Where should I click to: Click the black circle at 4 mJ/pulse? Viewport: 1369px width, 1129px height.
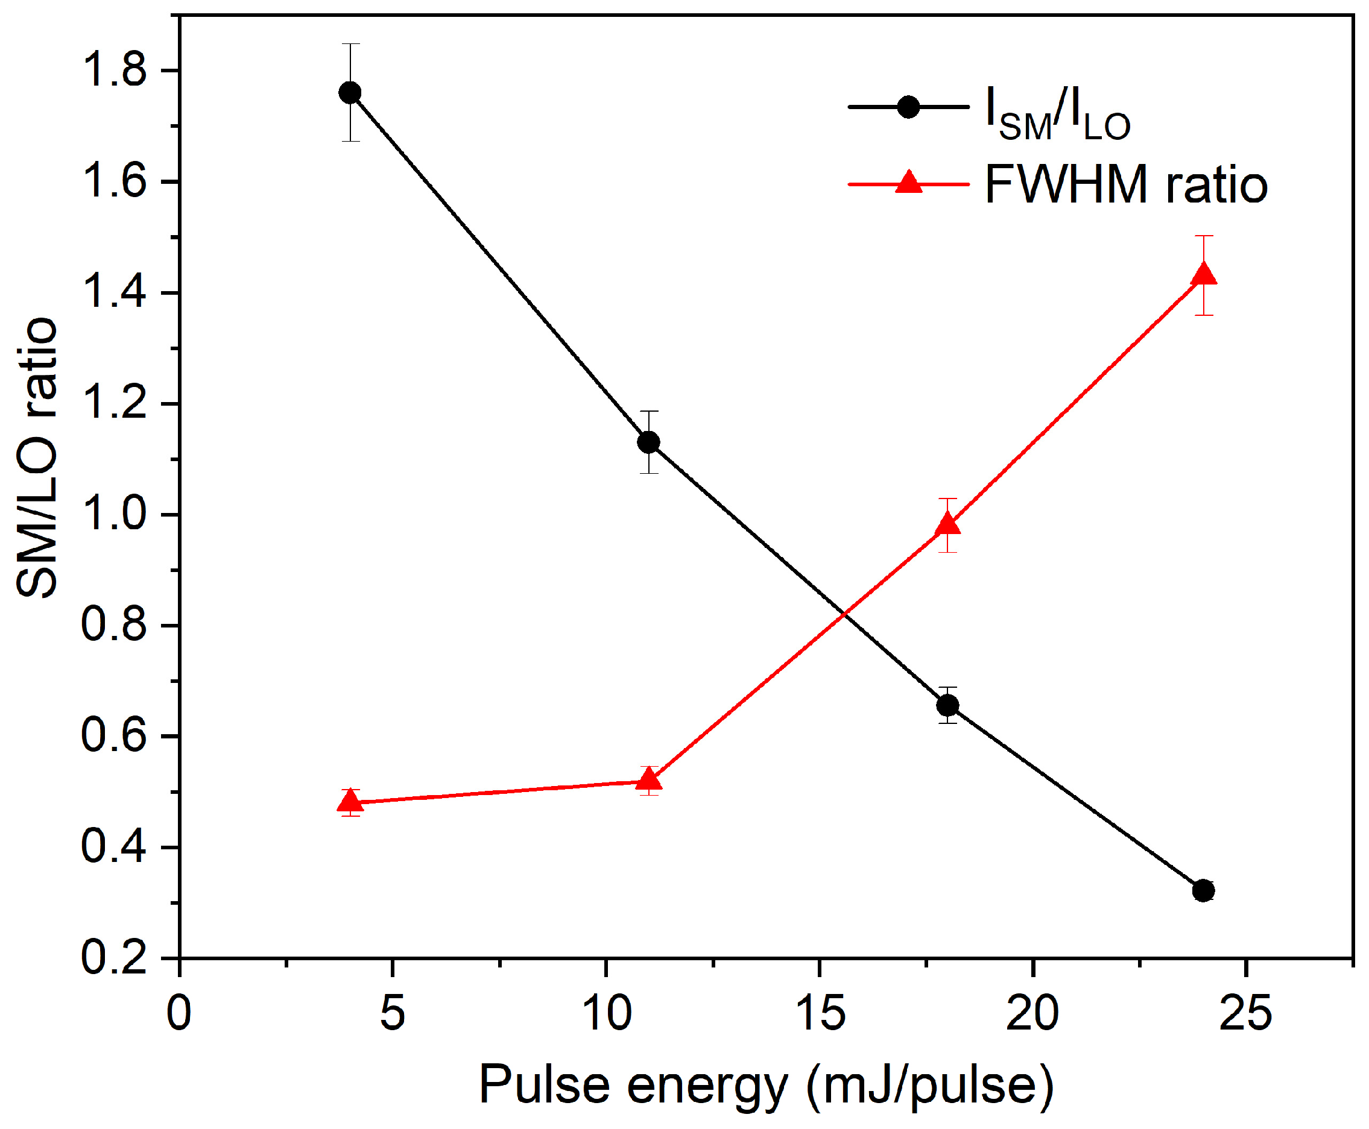click(350, 93)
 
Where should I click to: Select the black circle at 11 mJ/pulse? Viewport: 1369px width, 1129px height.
click(649, 442)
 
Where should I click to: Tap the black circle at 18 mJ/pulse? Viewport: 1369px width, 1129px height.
click(947, 706)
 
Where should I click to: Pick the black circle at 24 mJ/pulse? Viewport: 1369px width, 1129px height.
click(1204, 890)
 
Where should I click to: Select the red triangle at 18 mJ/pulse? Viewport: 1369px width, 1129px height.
click(947, 524)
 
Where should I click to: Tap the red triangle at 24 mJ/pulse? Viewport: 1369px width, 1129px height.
click(1204, 273)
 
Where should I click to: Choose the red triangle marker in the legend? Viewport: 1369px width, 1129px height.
click(908, 182)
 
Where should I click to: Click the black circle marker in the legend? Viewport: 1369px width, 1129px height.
click(908, 107)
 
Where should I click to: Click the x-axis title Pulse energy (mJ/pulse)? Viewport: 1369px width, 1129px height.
click(767, 1086)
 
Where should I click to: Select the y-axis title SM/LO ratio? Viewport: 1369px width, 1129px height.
click(37, 457)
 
